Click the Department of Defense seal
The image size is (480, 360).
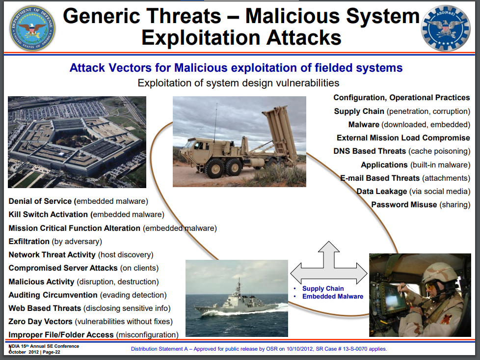click(x=32, y=28)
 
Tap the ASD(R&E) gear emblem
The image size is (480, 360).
click(x=446, y=28)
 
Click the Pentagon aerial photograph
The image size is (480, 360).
click(x=77, y=142)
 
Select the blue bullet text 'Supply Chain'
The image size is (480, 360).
click(x=323, y=289)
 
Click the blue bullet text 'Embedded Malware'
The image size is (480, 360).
click(x=333, y=297)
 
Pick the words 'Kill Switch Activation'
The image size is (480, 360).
click(x=48, y=215)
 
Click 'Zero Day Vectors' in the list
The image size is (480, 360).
click(x=40, y=321)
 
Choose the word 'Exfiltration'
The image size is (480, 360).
click(x=29, y=242)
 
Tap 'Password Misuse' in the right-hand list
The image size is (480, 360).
click(x=404, y=205)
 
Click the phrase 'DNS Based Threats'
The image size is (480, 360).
click(x=370, y=151)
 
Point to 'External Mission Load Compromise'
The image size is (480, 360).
click(x=403, y=138)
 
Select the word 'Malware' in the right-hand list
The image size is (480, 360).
click(x=364, y=125)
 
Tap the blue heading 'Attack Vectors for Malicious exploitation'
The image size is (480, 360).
click(x=236, y=68)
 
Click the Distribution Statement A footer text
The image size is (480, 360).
click(x=259, y=349)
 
